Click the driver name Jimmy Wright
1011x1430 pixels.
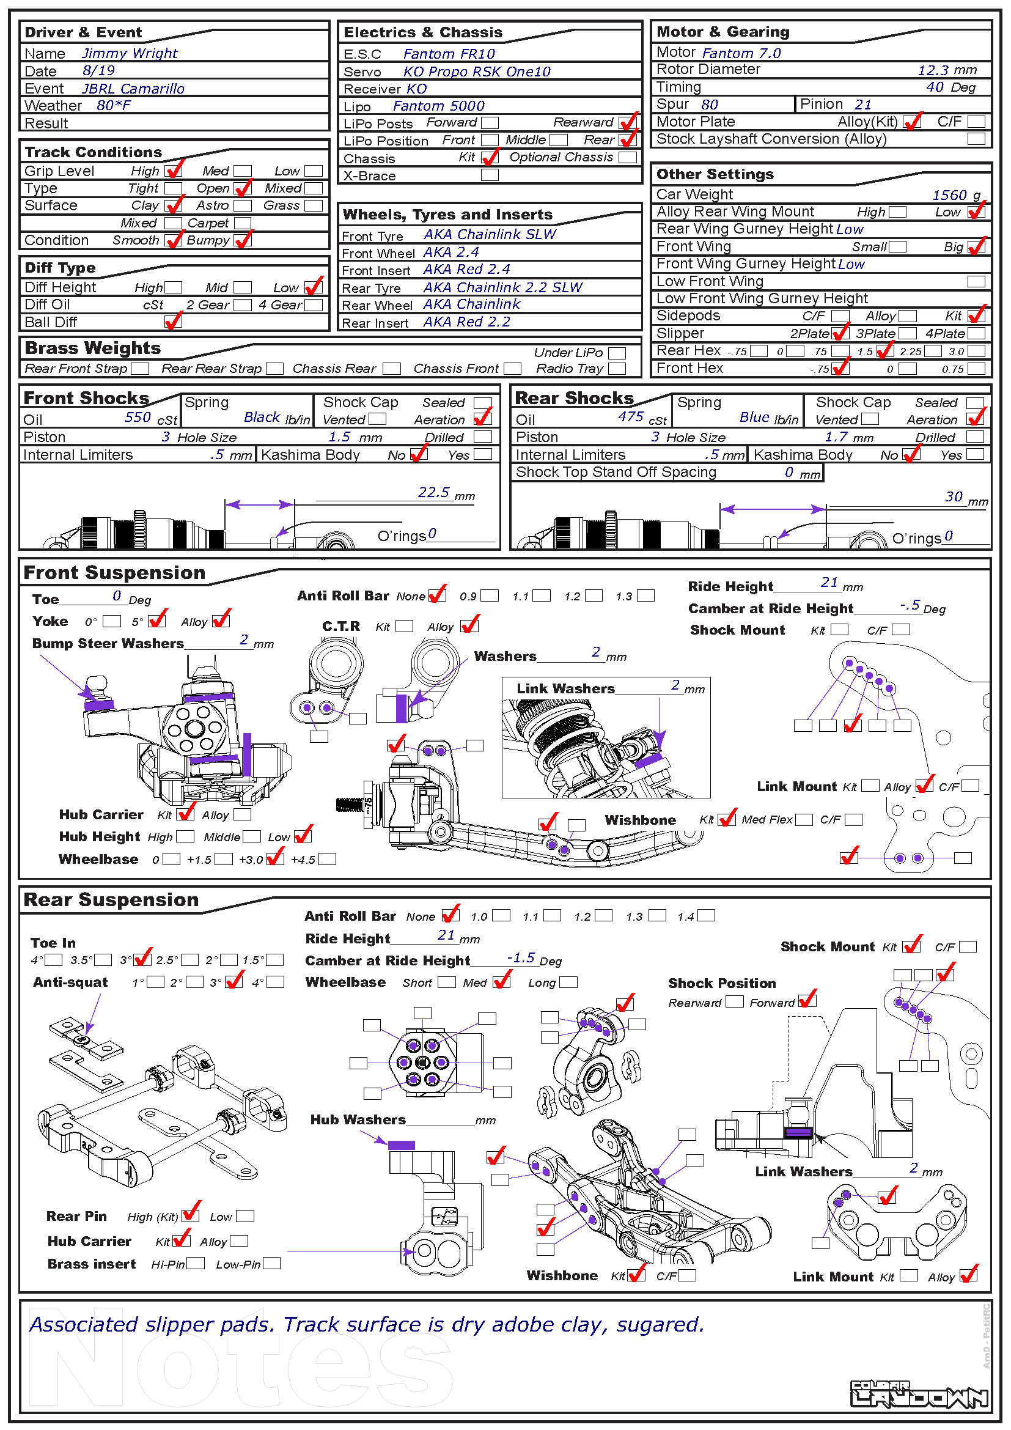[x=130, y=54]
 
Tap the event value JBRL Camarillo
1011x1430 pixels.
[x=133, y=89]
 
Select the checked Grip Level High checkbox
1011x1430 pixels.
[x=173, y=171]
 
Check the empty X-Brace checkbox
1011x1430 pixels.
[x=490, y=175]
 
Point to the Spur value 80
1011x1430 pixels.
[x=709, y=105]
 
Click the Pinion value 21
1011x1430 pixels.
[x=863, y=105]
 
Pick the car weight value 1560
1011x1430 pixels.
[x=949, y=196]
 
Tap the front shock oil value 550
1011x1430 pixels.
[x=138, y=418]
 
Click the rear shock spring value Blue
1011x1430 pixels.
[x=754, y=418]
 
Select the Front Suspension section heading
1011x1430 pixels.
[x=114, y=573]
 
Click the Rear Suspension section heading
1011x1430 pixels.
[x=111, y=900]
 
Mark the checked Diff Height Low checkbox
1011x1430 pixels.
[x=313, y=287]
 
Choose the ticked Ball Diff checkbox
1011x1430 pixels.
[x=173, y=322]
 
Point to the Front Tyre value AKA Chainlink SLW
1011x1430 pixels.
[x=490, y=235]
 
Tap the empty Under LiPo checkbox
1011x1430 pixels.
[x=616, y=353]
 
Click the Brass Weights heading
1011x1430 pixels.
[x=93, y=348]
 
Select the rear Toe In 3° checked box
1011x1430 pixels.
[x=142, y=960]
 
